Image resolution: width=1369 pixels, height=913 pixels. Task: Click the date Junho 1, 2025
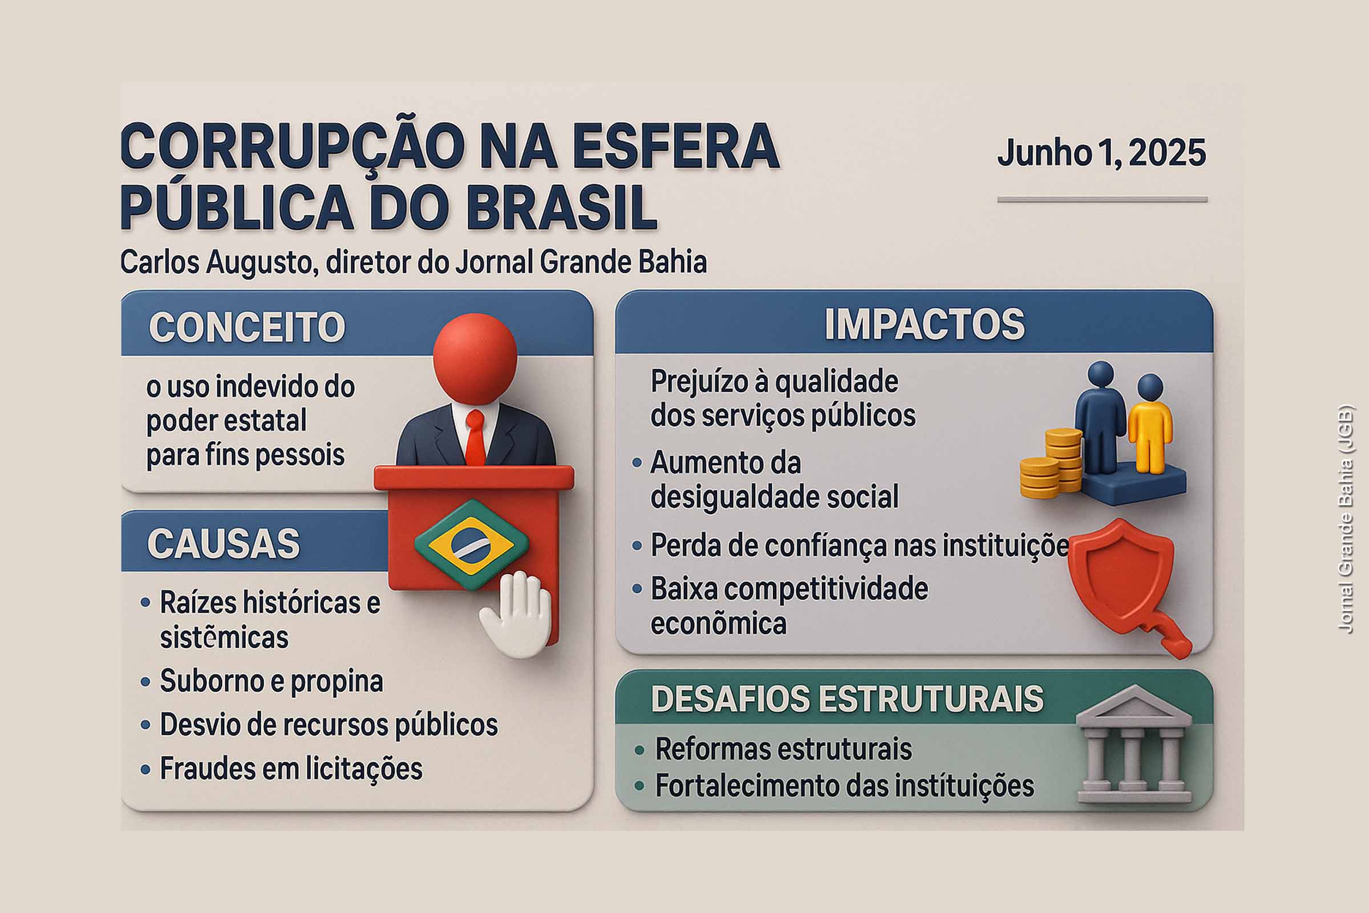(1101, 153)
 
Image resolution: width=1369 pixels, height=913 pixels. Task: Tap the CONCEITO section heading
(247, 327)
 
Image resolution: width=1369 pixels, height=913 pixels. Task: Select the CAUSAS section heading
(224, 544)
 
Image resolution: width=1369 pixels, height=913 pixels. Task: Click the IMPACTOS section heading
(924, 324)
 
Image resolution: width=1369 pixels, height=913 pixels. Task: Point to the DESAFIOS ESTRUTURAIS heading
(847, 698)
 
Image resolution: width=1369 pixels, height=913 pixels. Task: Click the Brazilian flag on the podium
(472, 544)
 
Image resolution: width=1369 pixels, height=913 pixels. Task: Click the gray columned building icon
(1133, 745)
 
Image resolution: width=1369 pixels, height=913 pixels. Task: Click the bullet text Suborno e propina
(272, 681)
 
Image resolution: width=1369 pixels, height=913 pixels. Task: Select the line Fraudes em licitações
(291, 769)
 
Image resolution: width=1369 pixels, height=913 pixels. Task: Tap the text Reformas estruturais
(783, 749)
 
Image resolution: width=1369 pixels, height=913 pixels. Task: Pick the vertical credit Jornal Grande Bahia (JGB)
(1345, 518)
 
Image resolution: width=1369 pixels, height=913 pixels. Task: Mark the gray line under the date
(1102, 200)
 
